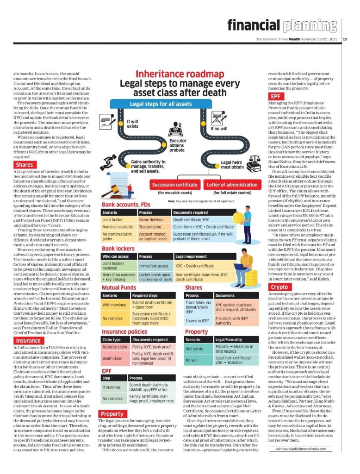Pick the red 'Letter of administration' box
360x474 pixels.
232,185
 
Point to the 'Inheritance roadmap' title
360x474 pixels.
173,74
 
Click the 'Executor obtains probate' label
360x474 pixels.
178,145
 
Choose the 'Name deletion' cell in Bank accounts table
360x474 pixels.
151,220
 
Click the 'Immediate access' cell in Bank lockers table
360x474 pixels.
154,266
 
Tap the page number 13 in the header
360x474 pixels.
345,39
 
